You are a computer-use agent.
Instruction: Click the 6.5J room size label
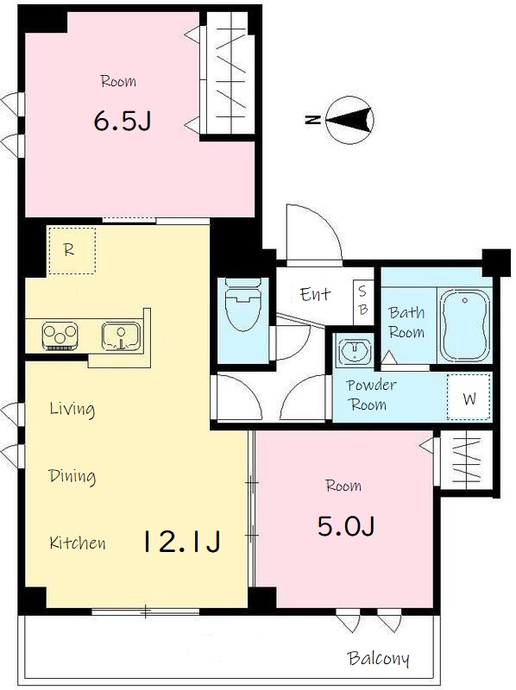click(x=123, y=121)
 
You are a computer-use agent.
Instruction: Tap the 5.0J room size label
click(x=346, y=525)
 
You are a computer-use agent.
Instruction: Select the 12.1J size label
click(x=181, y=542)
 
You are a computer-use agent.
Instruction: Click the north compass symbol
click(x=350, y=119)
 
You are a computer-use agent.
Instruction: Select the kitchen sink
click(x=121, y=336)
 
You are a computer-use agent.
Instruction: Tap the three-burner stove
click(x=60, y=336)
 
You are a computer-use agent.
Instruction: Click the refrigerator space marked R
click(x=72, y=250)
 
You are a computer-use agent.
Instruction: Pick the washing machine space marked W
click(x=469, y=397)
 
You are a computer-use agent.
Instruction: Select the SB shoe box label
click(x=362, y=301)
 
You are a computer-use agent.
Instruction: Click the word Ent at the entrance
click(x=315, y=294)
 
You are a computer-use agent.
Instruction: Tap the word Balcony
click(x=378, y=658)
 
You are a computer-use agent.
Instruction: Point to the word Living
click(x=72, y=409)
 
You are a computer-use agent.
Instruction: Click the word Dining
click(x=72, y=476)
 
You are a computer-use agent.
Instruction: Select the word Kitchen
click(x=78, y=543)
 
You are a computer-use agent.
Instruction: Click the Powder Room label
click(x=371, y=395)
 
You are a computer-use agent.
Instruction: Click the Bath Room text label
click(x=406, y=323)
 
